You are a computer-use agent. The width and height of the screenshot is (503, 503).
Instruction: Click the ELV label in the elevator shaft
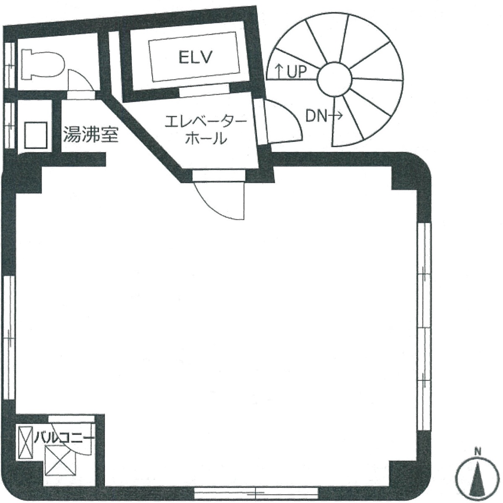click(x=194, y=57)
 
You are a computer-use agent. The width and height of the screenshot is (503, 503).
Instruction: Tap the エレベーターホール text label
click(x=206, y=130)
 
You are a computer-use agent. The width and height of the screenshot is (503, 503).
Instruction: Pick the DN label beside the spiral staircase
click(x=316, y=117)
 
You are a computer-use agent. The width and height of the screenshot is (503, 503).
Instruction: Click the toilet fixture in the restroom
click(x=42, y=64)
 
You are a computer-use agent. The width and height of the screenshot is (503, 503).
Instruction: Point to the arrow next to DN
click(x=335, y=117)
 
